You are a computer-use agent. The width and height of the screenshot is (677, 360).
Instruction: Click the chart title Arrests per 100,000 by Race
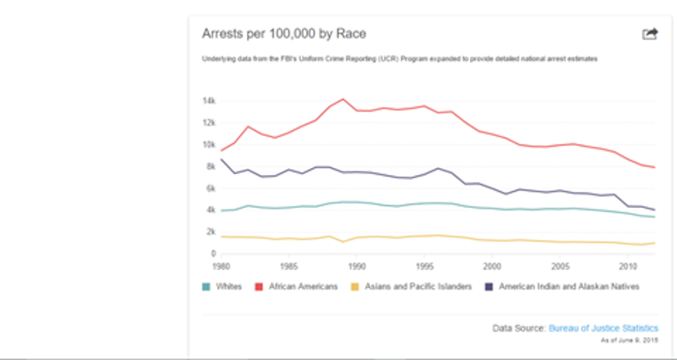pos(283,34)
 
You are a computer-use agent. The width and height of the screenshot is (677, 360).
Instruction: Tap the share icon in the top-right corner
pos(650,34)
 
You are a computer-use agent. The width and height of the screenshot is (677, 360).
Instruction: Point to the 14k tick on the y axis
pos(209,101)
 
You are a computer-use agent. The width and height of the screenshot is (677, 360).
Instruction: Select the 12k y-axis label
pos(209,123)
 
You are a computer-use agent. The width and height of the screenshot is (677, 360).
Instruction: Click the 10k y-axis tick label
pos(209,145)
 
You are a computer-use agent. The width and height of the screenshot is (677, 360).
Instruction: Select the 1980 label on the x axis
pos(221,265)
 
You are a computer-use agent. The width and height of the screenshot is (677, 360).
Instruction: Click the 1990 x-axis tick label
pos(356,265)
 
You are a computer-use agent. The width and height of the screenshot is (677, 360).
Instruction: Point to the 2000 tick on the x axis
pos(492,265)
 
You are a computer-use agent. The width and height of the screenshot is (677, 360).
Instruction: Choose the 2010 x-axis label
pos(627,265)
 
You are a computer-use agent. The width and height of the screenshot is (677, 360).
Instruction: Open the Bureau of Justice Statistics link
pos(603,329)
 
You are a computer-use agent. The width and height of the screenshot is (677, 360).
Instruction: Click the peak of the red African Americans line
pos(343,99)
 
